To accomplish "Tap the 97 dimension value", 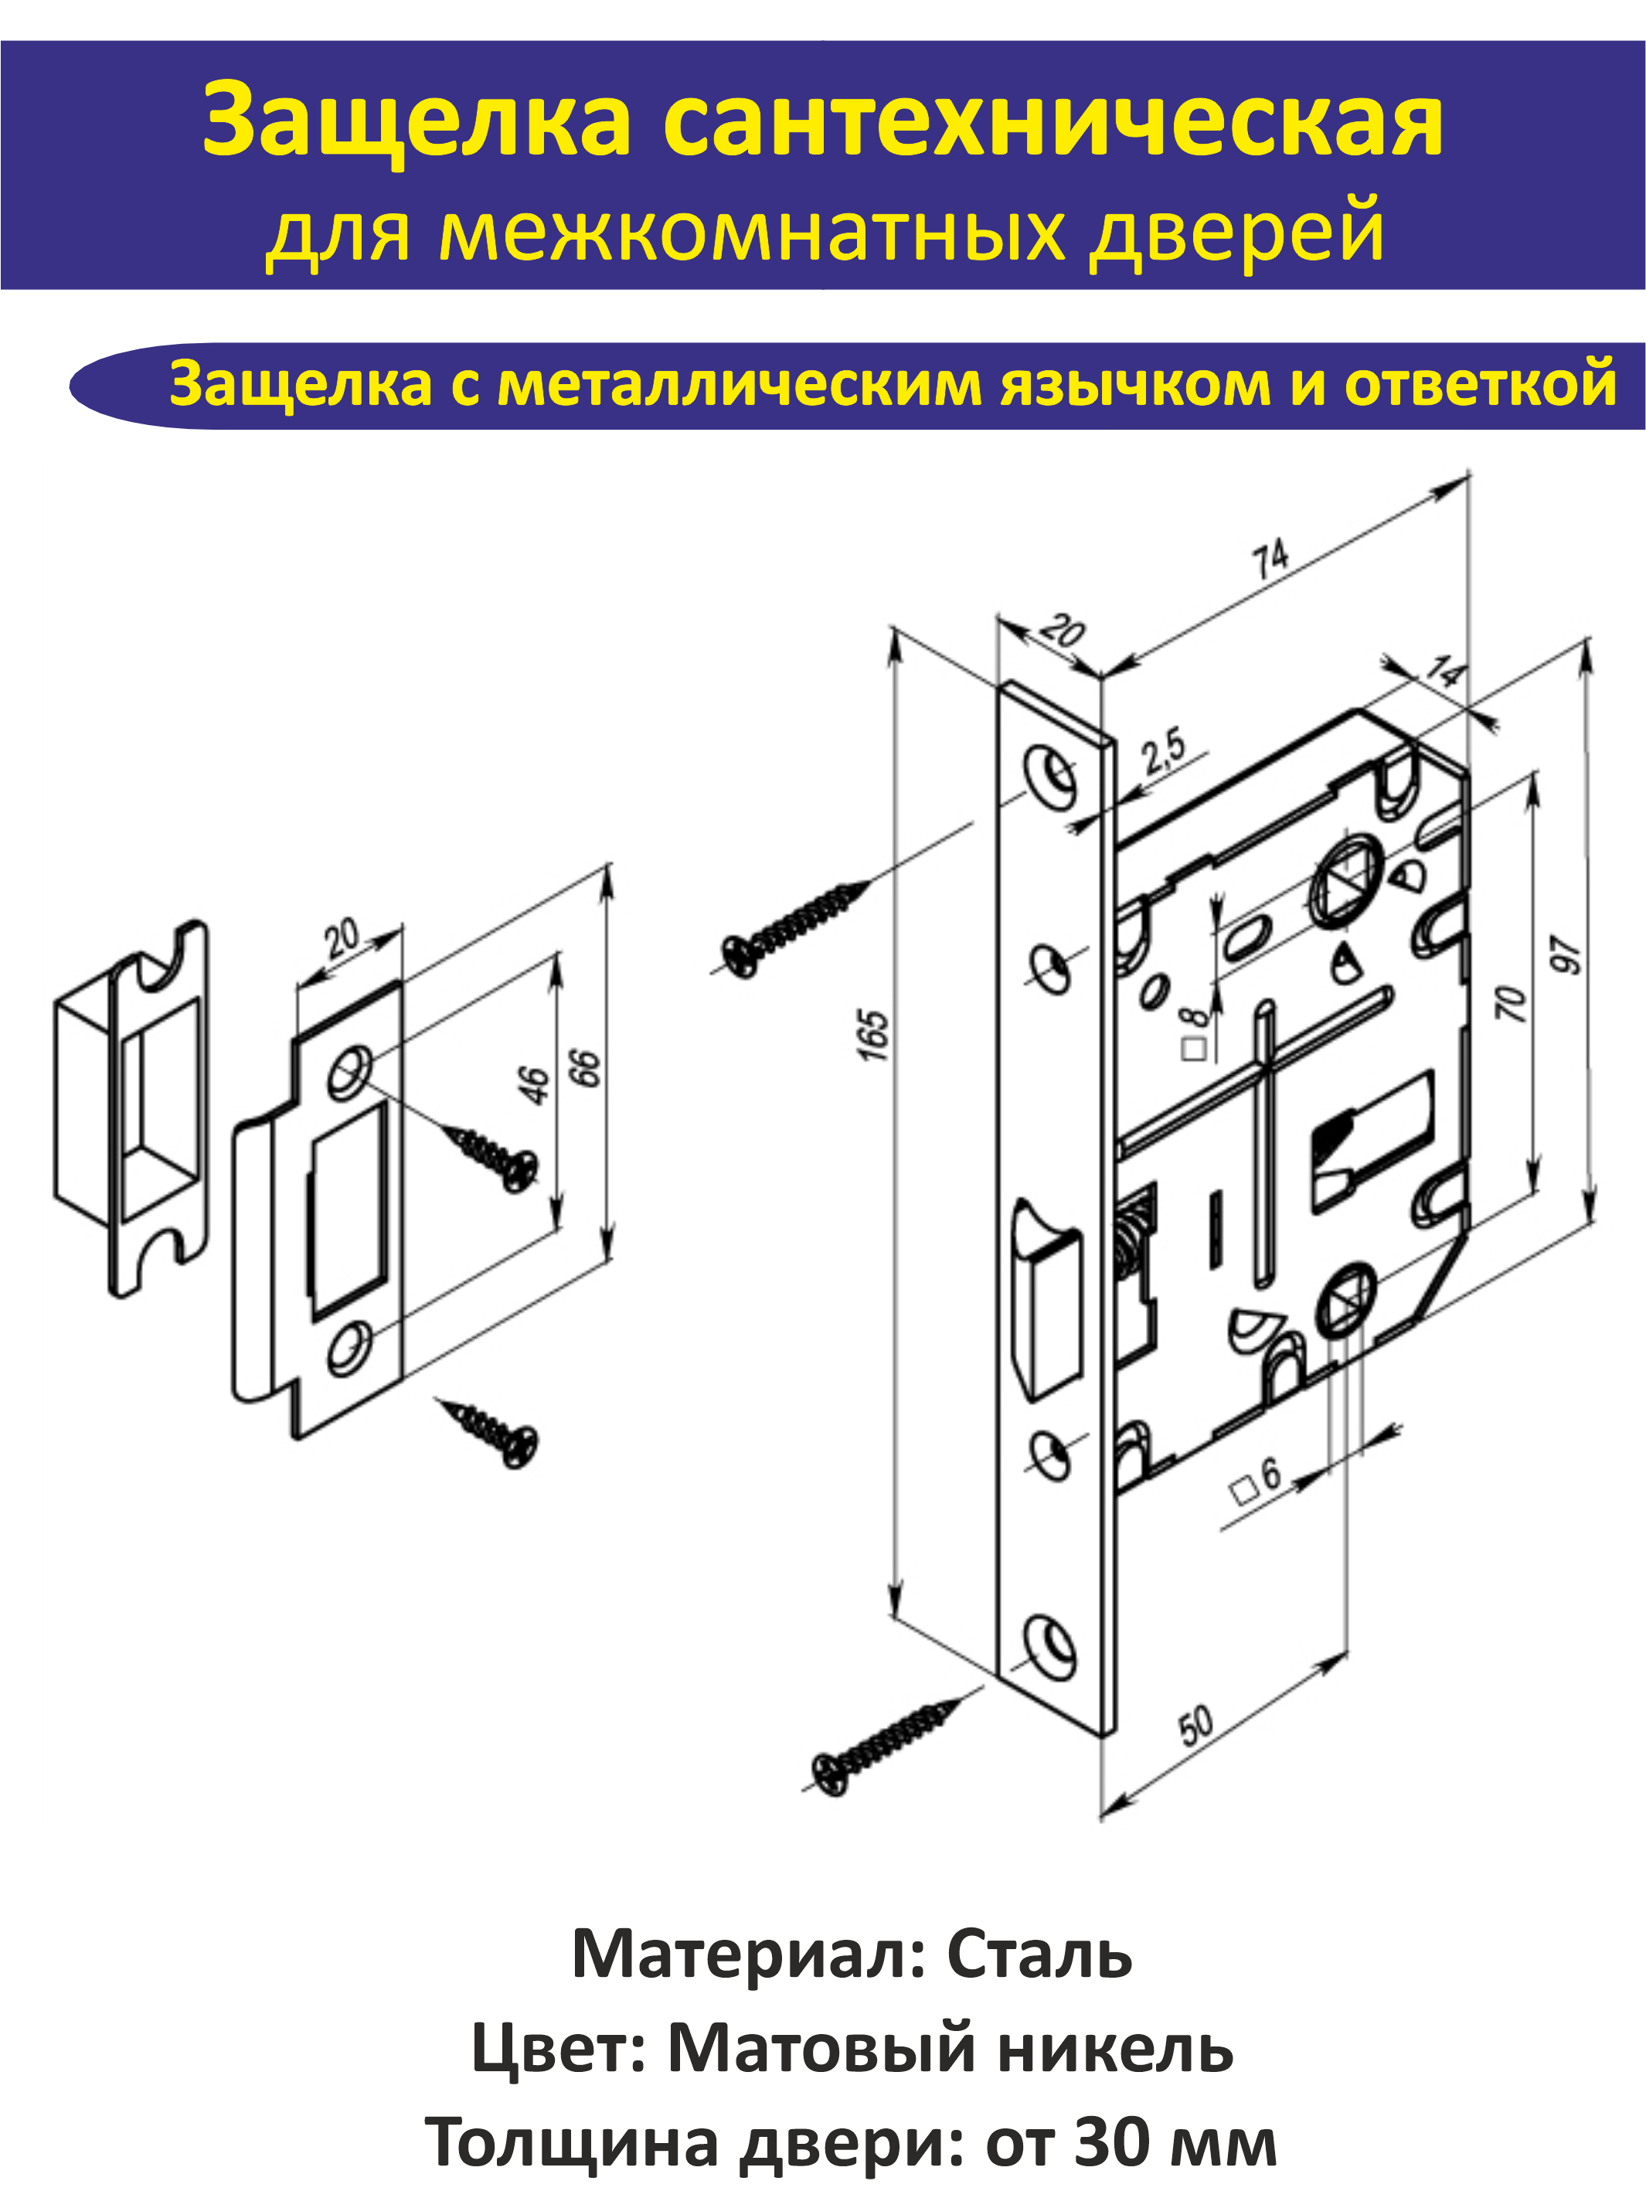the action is pyautogui.click(x=1566, y=954).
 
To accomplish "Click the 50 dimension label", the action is pyautogui.click(x=1195, y=1724).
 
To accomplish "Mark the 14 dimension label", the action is pyautogui.click(x=1445, y=671).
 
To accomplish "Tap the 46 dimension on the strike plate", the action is pyautogui.click(x=534, y=1084).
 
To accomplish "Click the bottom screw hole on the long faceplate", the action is pyautogui.click(x=1049, y=1645).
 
